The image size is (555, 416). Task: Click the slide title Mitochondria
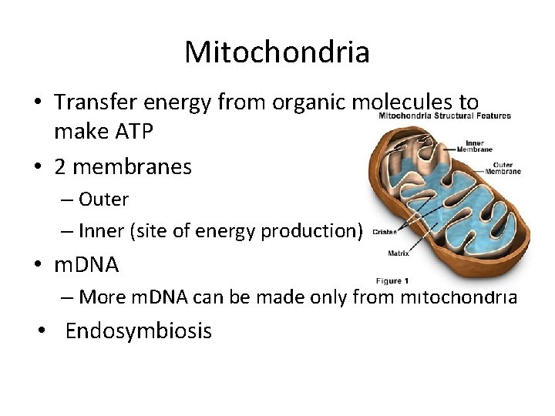[277, 52]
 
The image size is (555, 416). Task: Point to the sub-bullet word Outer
[103, 199]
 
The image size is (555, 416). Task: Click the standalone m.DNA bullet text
[86, 265]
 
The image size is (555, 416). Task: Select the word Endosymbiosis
[138, 331]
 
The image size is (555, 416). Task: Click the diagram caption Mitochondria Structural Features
[444, 116]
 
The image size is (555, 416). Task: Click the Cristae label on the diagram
[385, 230]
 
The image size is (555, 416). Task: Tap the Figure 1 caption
[392, 280]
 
